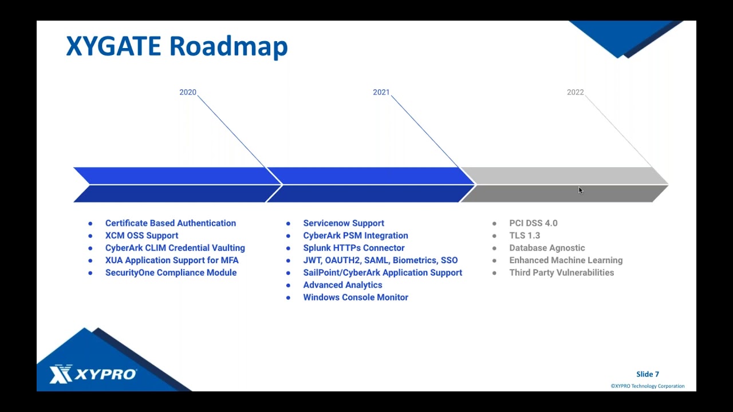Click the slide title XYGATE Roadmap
[176, 46]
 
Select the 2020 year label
[188, 92]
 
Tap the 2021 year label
[381, 92]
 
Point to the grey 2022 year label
[575, 92]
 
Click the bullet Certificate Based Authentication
[170, 223]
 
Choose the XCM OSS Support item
[141, 235]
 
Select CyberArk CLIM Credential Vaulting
[175, 248]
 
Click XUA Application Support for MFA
[172, 260]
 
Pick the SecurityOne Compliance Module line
[171, 272]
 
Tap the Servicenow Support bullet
[344, 223]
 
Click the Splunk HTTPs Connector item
[353, 248]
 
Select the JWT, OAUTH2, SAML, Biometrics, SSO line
[380, 260]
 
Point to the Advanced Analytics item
[342, 285]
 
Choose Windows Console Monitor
[356, 297]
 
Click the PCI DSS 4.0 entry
[533, 223]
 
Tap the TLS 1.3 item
[525, 235]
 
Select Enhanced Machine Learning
[566, 260]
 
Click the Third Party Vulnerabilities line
[561, 272]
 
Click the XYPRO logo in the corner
[93, 374]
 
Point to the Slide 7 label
[648, 374]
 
